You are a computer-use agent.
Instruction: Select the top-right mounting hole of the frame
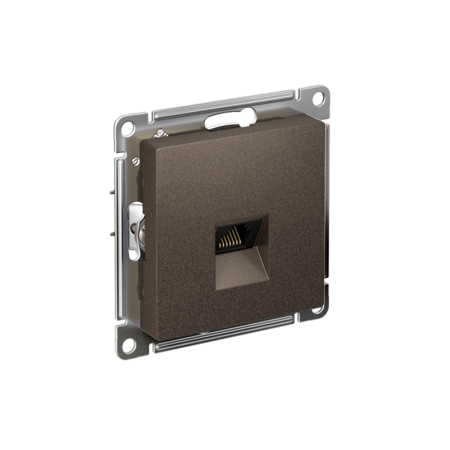(318, 97)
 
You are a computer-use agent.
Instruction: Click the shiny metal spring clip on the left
(134, 231)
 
